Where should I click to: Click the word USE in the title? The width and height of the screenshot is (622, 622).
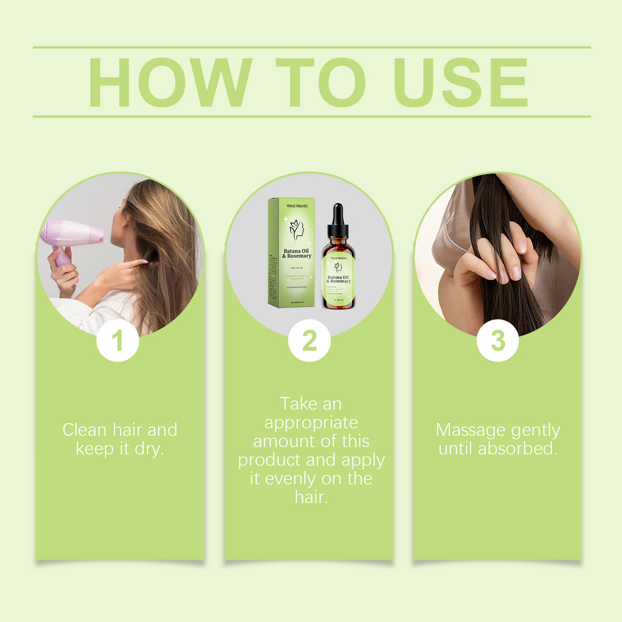(460, 82)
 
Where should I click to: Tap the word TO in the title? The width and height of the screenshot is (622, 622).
(320, 82)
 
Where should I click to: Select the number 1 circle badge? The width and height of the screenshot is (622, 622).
(117, 341)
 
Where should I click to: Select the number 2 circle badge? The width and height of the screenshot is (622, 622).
(309, 341)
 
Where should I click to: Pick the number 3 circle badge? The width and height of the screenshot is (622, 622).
(497, 341)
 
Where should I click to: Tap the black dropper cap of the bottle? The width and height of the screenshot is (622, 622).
(338, 218)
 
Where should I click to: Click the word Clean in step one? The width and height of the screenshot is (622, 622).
(85, 430)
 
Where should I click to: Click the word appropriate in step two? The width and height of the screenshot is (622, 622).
(311, 423)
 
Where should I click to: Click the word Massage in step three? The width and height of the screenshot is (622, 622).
(471, 430)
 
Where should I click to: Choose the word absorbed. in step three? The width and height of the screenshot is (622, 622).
(517, 449)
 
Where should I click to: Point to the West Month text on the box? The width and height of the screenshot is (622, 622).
(297, 206)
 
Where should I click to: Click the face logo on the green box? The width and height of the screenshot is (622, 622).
(297, 230)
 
